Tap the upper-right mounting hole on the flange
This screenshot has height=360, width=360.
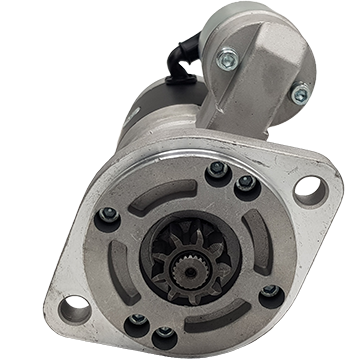(x=309, y=189)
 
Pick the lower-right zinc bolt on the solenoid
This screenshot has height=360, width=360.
(x=300, y=96)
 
